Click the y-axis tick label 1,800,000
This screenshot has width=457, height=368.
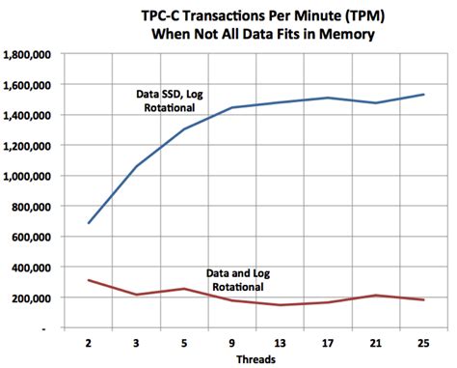(x=28, y=54)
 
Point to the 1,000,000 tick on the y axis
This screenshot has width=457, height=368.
(x=28, y=176)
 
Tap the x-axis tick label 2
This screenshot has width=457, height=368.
(x=90, y=343)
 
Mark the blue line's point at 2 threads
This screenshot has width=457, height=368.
(x=90, y=223)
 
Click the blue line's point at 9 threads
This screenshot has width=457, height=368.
(x=233, y=107)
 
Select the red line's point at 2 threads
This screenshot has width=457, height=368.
(x=90, y=280)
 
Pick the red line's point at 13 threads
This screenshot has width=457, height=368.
(x=280, y=305)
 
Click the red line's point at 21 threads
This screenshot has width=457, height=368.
(x=374, y=296)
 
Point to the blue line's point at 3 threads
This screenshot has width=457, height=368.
(x=138, y=166)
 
